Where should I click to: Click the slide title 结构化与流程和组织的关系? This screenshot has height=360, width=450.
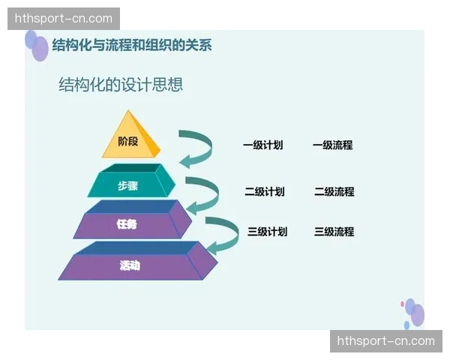click(x=131, y=45)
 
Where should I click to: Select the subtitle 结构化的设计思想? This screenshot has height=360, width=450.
click(x=121, y=85)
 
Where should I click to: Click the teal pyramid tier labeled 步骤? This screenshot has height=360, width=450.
click(x=129, y=185)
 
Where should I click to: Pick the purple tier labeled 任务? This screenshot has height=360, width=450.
click(x=127, y=224)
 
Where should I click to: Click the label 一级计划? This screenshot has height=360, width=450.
click(x=262, y=145)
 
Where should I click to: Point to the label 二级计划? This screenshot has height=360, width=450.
click(x=264, y=192)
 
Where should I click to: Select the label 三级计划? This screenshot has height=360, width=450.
click(x=267, y=232)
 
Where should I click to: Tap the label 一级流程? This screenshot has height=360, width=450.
click(x=332, y=145)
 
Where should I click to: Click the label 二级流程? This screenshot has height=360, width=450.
click(x=334, y=192)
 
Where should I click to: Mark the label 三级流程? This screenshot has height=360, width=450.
click(x=334, y=232)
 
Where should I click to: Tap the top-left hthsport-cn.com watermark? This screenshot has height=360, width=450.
click(x=63, y=19)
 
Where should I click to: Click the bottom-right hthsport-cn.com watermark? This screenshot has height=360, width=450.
click(x=386, y=341)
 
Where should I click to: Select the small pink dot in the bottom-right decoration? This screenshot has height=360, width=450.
click(x=403, y=303)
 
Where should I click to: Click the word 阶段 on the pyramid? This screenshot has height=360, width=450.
click(x=128, y=141)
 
